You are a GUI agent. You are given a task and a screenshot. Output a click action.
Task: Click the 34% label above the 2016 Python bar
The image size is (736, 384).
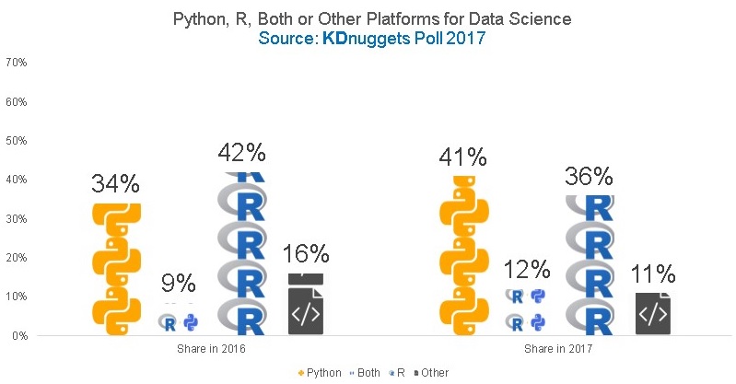(x=116, y=183)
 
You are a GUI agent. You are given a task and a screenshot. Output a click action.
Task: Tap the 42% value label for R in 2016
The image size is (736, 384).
(x=241, y=152)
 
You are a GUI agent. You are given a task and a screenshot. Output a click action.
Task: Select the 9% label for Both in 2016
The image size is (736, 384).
(x=179, y=284)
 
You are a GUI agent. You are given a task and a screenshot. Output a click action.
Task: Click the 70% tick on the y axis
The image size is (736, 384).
(x=16, y=63)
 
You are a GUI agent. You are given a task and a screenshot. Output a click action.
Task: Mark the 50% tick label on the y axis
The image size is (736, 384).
(x=16, y=141)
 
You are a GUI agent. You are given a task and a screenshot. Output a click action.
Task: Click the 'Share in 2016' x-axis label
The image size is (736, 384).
(x=211, y=350)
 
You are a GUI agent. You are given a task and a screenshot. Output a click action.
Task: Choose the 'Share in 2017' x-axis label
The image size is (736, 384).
(x=556, y=350)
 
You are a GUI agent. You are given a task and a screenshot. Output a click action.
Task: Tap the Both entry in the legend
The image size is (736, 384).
(x=368, y=373)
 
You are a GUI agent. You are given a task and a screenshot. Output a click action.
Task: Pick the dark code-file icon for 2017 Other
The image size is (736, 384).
(x=652, y=314)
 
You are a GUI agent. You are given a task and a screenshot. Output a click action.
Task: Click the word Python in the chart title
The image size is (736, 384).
(x=196, y=17)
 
